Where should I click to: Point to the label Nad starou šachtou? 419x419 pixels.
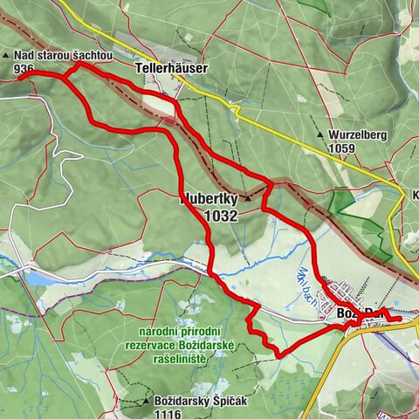point(64,55)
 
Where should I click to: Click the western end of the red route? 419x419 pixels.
point(19,78)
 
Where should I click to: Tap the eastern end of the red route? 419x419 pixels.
point(401,319)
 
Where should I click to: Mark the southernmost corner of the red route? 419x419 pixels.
point(277,354)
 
